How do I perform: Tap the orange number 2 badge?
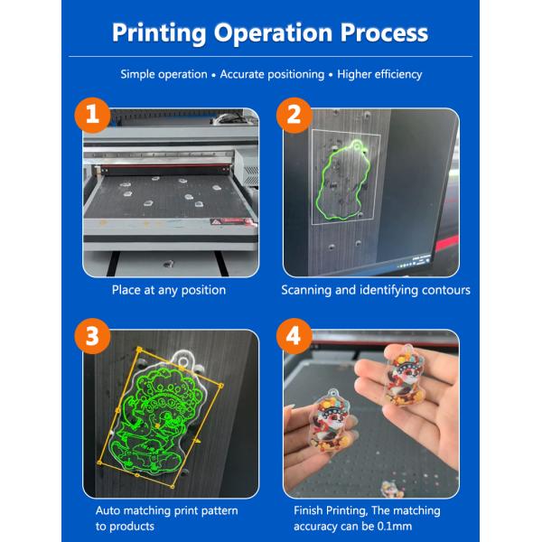[294, 117]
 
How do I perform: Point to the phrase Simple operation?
[164, 74]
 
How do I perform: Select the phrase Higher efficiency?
[379, 74]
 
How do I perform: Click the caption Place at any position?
[169, 290]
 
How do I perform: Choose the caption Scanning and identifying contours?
[375, 290]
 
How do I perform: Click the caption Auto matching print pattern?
[167, 510]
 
